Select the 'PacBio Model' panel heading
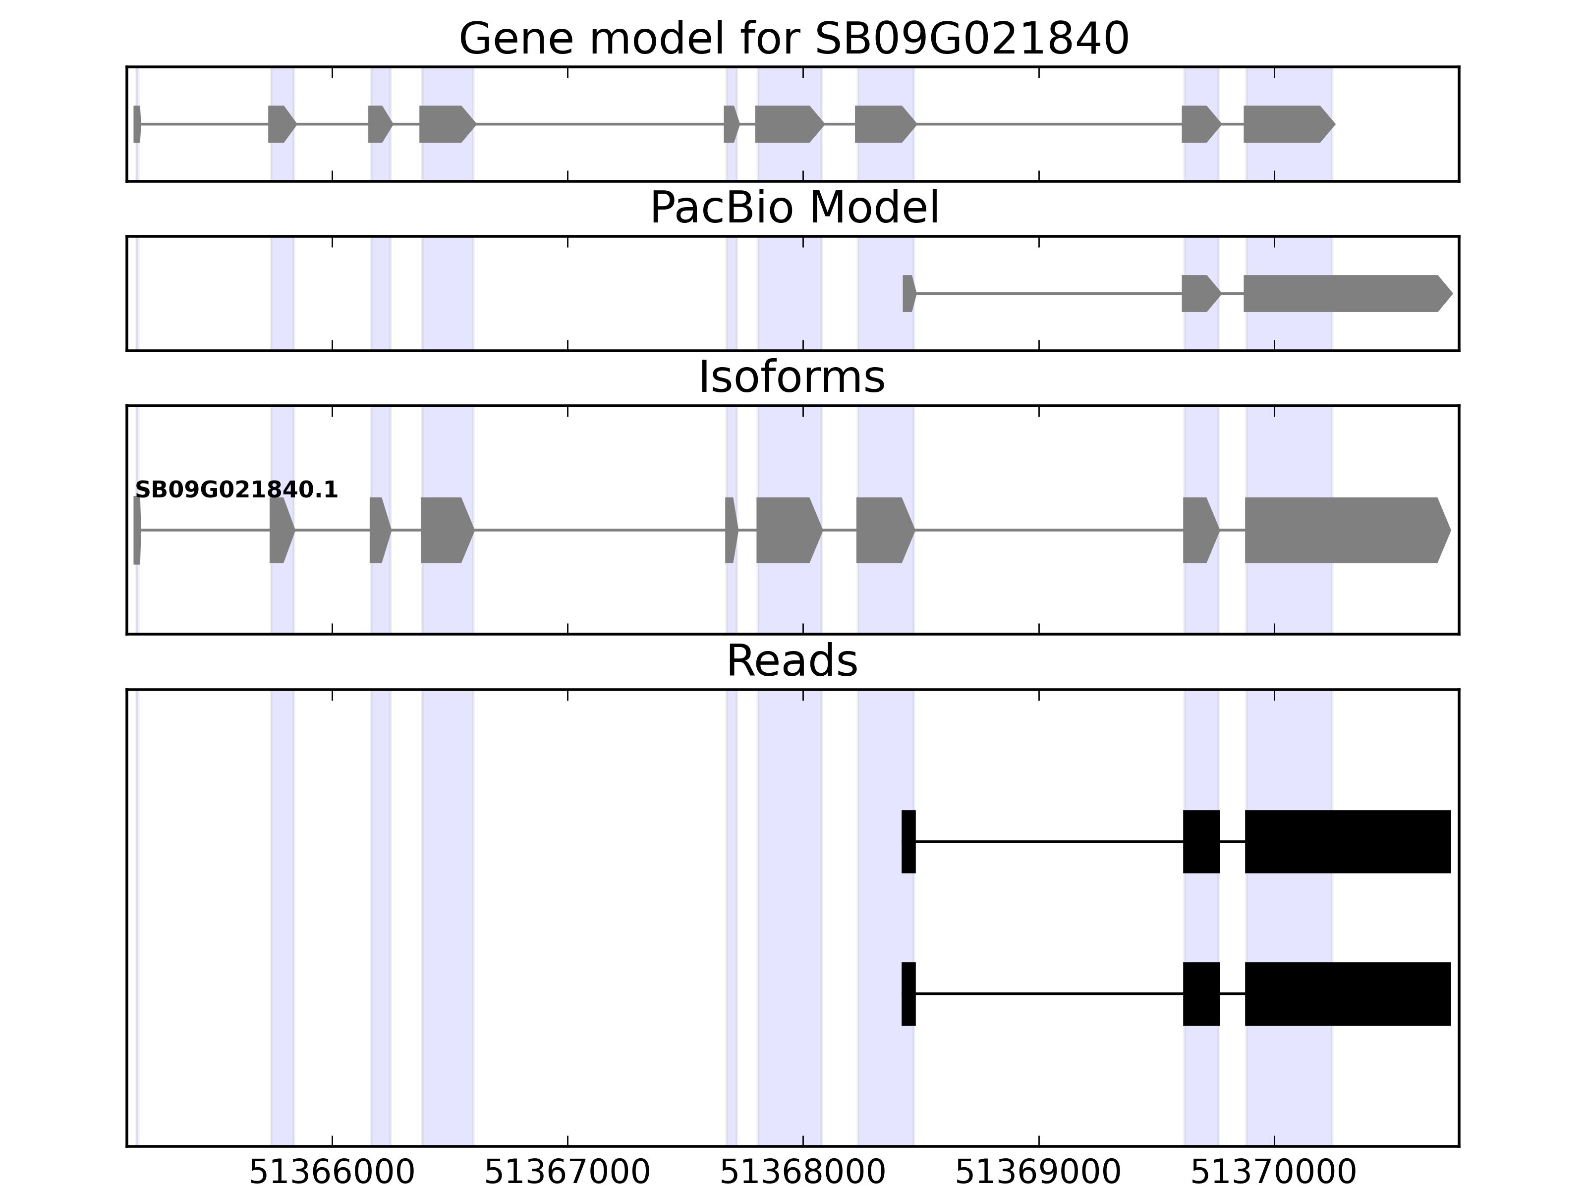tap(793, 208)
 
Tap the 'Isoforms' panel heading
tap(792, 377)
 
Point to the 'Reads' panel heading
tap(792, 661)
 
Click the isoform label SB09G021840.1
tap(236, 490)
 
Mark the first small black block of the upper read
tap(908, 841)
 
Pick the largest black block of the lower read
tap(1347, 993)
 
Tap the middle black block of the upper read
tap(1201, 841)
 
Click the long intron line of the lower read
tap(1048, 993)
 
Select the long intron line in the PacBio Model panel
tap(1048, 293)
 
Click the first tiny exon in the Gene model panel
tap(137, 124)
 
